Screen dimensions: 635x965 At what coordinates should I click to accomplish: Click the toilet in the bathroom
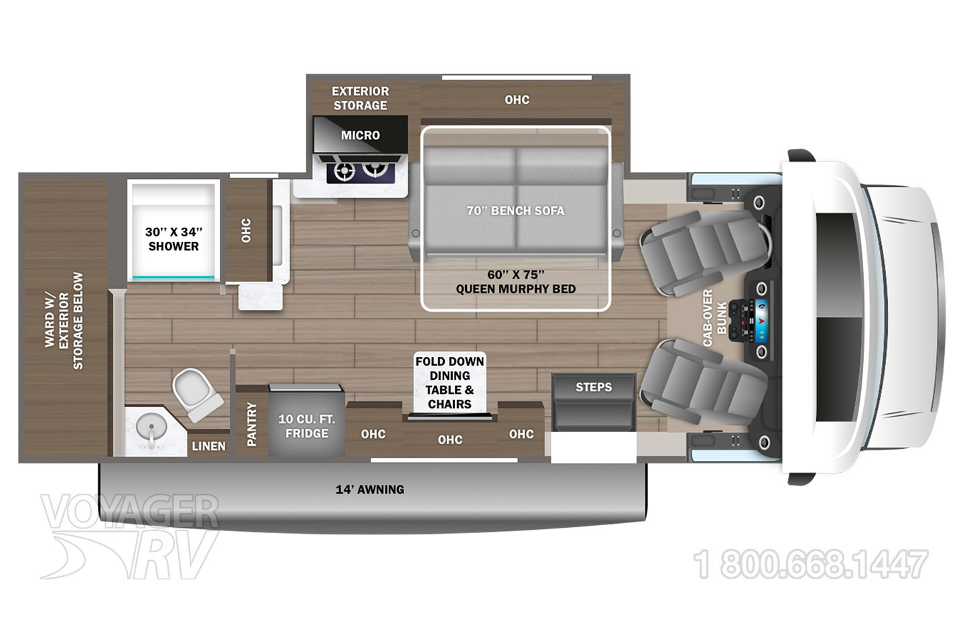click(198, 395)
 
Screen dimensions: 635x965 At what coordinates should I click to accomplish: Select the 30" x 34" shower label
click(174, 239)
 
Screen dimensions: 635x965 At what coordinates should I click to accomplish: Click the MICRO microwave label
click(360, 135)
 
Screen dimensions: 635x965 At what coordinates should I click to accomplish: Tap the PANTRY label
click(252, 424)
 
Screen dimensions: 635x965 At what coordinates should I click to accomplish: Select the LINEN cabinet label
click(208, 446)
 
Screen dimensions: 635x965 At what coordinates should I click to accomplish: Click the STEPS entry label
click(593, 387)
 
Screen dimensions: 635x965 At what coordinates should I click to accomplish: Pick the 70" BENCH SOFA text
click(515, 211)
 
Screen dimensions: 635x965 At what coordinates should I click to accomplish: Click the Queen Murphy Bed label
click(515, 282)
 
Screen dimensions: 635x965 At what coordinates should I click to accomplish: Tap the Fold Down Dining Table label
click(450, 382)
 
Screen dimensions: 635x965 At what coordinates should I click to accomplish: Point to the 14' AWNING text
click(370, 490)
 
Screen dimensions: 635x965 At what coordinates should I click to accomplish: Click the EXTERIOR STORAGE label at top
click(361, 98)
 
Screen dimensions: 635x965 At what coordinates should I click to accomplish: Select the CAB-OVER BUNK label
click(714, 318)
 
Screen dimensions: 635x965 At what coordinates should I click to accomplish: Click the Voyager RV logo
click(131, 536)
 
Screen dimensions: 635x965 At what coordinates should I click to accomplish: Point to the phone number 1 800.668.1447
click(812, 565)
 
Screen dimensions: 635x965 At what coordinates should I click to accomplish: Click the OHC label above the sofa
click(517, 100)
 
